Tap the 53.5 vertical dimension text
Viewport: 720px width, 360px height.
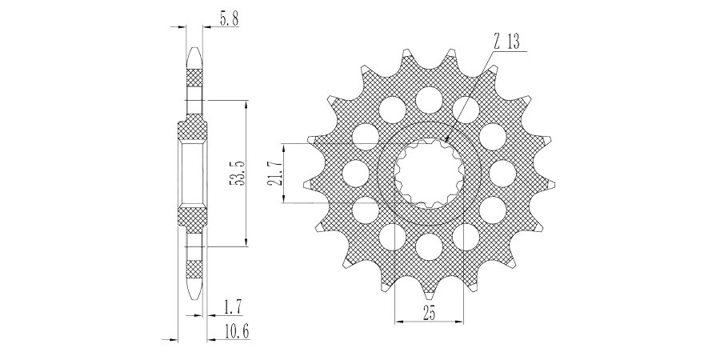(x=237, y=172)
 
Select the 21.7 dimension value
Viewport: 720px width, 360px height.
(x=274, y=173)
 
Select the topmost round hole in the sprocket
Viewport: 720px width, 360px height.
(x=430, y=100)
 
